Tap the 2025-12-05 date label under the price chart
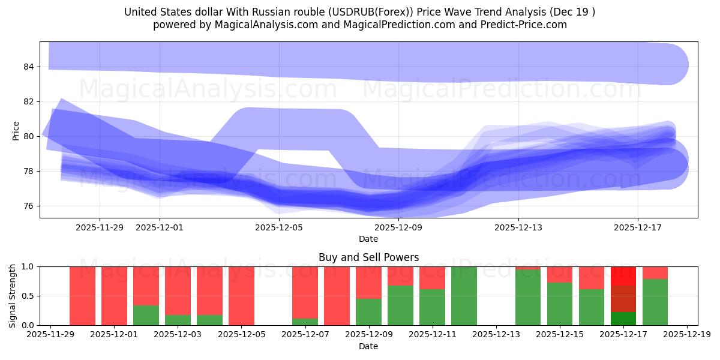pos(279,227)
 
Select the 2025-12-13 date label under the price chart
pos(518,227)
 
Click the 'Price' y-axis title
pos(16,131)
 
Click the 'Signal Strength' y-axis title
pos(13,296)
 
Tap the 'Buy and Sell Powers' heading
pos(368,257)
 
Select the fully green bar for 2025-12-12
pos(464,296)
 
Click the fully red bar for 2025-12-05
pos(241,296)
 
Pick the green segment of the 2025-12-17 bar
pos(623,319)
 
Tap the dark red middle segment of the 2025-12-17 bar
pos(623,299)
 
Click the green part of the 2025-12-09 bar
pos(368,312)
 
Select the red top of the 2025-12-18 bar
pos(655,272)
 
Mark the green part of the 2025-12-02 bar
pos(146,315)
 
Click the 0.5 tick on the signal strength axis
pos(29,296)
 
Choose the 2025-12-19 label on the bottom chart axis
pos(686,335)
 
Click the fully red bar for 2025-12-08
pos(337,296)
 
